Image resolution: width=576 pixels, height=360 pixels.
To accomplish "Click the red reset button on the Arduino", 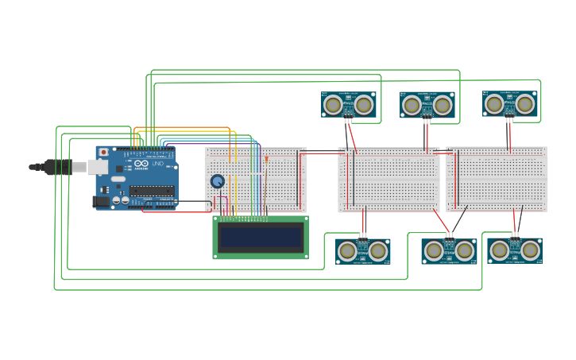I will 102,152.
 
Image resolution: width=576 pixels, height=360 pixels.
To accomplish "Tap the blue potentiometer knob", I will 217,181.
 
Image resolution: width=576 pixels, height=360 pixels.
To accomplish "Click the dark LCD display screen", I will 261,237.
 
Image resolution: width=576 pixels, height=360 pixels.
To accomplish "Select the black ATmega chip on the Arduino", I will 152,191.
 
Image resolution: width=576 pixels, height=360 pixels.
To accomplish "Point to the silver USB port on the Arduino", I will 97,167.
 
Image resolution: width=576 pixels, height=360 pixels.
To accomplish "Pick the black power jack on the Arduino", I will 101,202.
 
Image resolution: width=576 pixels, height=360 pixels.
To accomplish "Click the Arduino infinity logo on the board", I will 141,164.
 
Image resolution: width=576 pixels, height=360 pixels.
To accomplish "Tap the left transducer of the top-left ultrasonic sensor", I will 334,105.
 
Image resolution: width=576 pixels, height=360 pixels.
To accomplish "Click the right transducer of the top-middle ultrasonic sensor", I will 443,105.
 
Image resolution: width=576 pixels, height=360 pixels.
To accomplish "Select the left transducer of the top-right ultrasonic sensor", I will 494,104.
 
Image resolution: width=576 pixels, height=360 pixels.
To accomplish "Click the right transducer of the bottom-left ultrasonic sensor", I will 378,251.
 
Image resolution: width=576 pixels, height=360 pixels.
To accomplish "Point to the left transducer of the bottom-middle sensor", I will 434,251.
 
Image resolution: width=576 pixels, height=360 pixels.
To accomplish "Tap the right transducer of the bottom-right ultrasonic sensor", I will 530,250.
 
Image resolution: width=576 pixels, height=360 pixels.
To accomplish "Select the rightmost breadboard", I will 497,180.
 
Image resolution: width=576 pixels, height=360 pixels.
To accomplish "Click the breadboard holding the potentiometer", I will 255,180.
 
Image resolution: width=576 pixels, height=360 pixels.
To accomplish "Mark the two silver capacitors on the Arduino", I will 121,201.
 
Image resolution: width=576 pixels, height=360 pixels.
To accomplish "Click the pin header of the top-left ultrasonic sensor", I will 348,120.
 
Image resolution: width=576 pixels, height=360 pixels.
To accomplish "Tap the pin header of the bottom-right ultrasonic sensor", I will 515,236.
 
